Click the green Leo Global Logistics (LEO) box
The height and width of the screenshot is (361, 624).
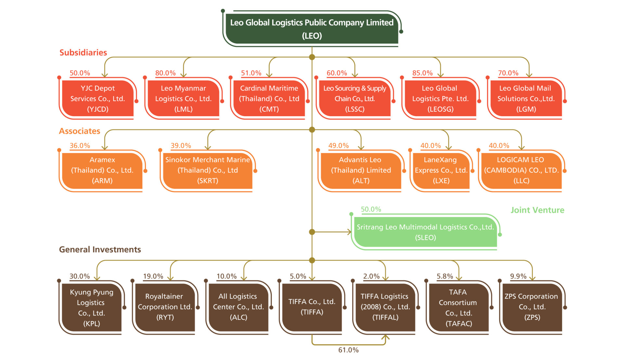coord(312,29)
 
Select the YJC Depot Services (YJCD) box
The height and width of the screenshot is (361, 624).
coord(97,98)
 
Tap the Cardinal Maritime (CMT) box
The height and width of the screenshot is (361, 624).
coord(269,98)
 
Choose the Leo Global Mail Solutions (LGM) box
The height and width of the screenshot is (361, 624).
coord(526,98)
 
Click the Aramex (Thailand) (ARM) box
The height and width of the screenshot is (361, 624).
coord(102,171)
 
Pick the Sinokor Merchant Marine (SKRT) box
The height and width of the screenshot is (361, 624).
coord(208,171)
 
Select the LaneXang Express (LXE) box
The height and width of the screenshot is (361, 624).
coord(441,171)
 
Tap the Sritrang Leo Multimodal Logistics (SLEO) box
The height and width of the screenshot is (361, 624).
coord(425,232)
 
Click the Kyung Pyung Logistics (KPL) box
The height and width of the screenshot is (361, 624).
coord(92,308)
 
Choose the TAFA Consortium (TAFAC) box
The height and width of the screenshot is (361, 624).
coord(459,308)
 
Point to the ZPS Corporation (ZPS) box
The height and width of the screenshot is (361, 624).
coord(532,308)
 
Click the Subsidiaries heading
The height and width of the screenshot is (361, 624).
coord(83,53)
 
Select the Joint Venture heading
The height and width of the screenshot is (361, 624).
coord(537,210)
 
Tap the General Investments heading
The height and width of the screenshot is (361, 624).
coord(100,250)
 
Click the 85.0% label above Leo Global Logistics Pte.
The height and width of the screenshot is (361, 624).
coord(422,73)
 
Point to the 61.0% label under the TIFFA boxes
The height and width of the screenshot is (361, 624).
coord(348,350)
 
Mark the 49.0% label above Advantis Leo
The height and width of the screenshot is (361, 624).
coord(338,146)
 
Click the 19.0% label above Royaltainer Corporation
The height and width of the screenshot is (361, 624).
coord(153,276)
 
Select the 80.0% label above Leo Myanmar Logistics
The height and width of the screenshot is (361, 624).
coord(165,73)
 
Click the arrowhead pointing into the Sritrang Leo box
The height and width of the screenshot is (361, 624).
coord(349,232)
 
